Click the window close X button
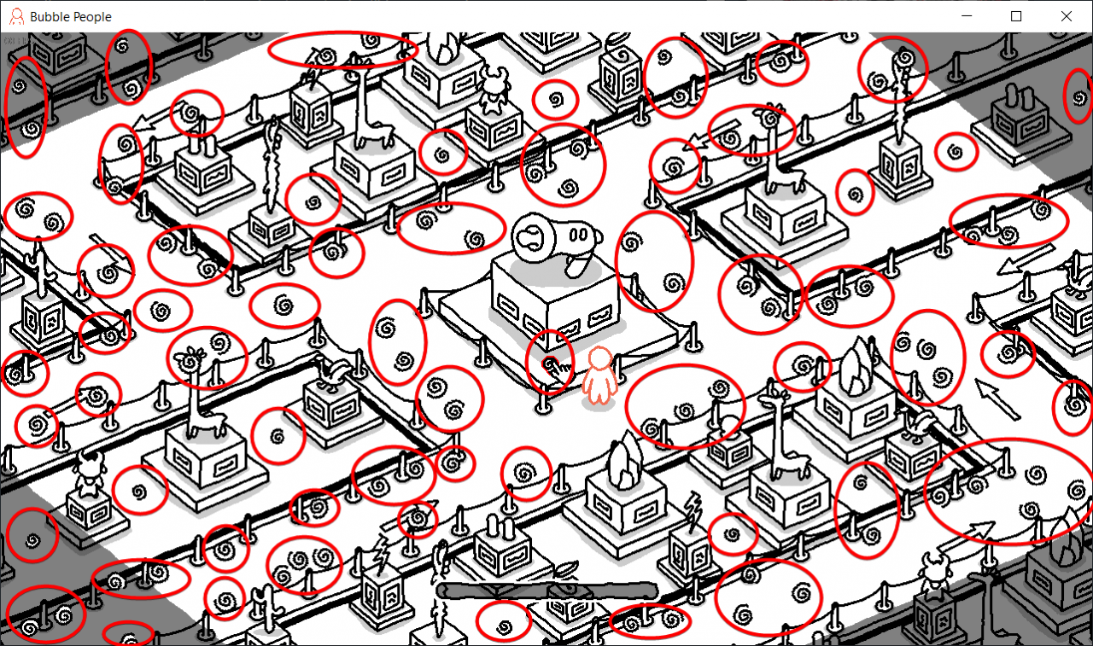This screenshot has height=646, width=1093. tap(1066, 16)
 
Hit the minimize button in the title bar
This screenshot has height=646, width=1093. tap(967, 16)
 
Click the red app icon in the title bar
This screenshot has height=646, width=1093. tap(16, 16)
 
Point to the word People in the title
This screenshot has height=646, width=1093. tap(91, 17)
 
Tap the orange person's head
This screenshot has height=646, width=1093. tap(600, 358)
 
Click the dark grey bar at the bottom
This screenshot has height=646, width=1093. tap(546, 591)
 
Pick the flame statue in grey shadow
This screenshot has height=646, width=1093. tap(1067, 533)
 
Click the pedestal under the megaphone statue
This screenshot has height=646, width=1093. tap(555, 303)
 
